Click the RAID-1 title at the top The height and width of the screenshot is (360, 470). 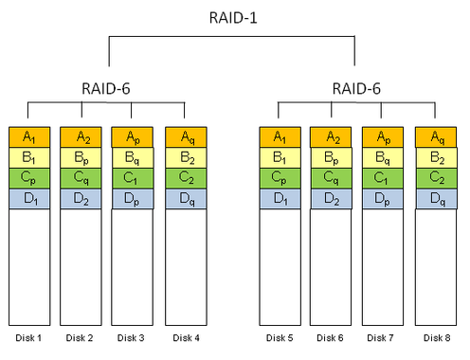[232, 18]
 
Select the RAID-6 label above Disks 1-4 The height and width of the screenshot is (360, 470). [106, 89]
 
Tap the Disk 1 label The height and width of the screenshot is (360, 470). [27, 336]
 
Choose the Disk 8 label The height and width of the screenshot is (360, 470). [434, 336]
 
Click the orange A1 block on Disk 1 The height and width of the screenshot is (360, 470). [27, 136]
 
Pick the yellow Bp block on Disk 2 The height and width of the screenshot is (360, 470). [80, 157]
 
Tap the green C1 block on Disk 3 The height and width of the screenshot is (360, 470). [132, 178]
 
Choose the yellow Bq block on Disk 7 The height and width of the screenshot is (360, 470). [383, 157]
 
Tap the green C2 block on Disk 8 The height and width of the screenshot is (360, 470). [434, 178]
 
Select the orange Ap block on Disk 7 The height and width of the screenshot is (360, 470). [383, 136]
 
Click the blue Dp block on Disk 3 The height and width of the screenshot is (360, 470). [132, 199]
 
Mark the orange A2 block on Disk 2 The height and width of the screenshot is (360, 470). [80, 136]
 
